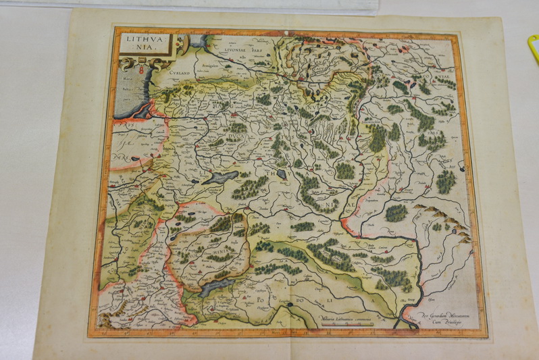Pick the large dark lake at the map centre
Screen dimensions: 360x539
220,177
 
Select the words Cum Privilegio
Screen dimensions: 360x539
439,322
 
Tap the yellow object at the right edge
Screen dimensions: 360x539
533,48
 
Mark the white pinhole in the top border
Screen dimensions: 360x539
286,31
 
